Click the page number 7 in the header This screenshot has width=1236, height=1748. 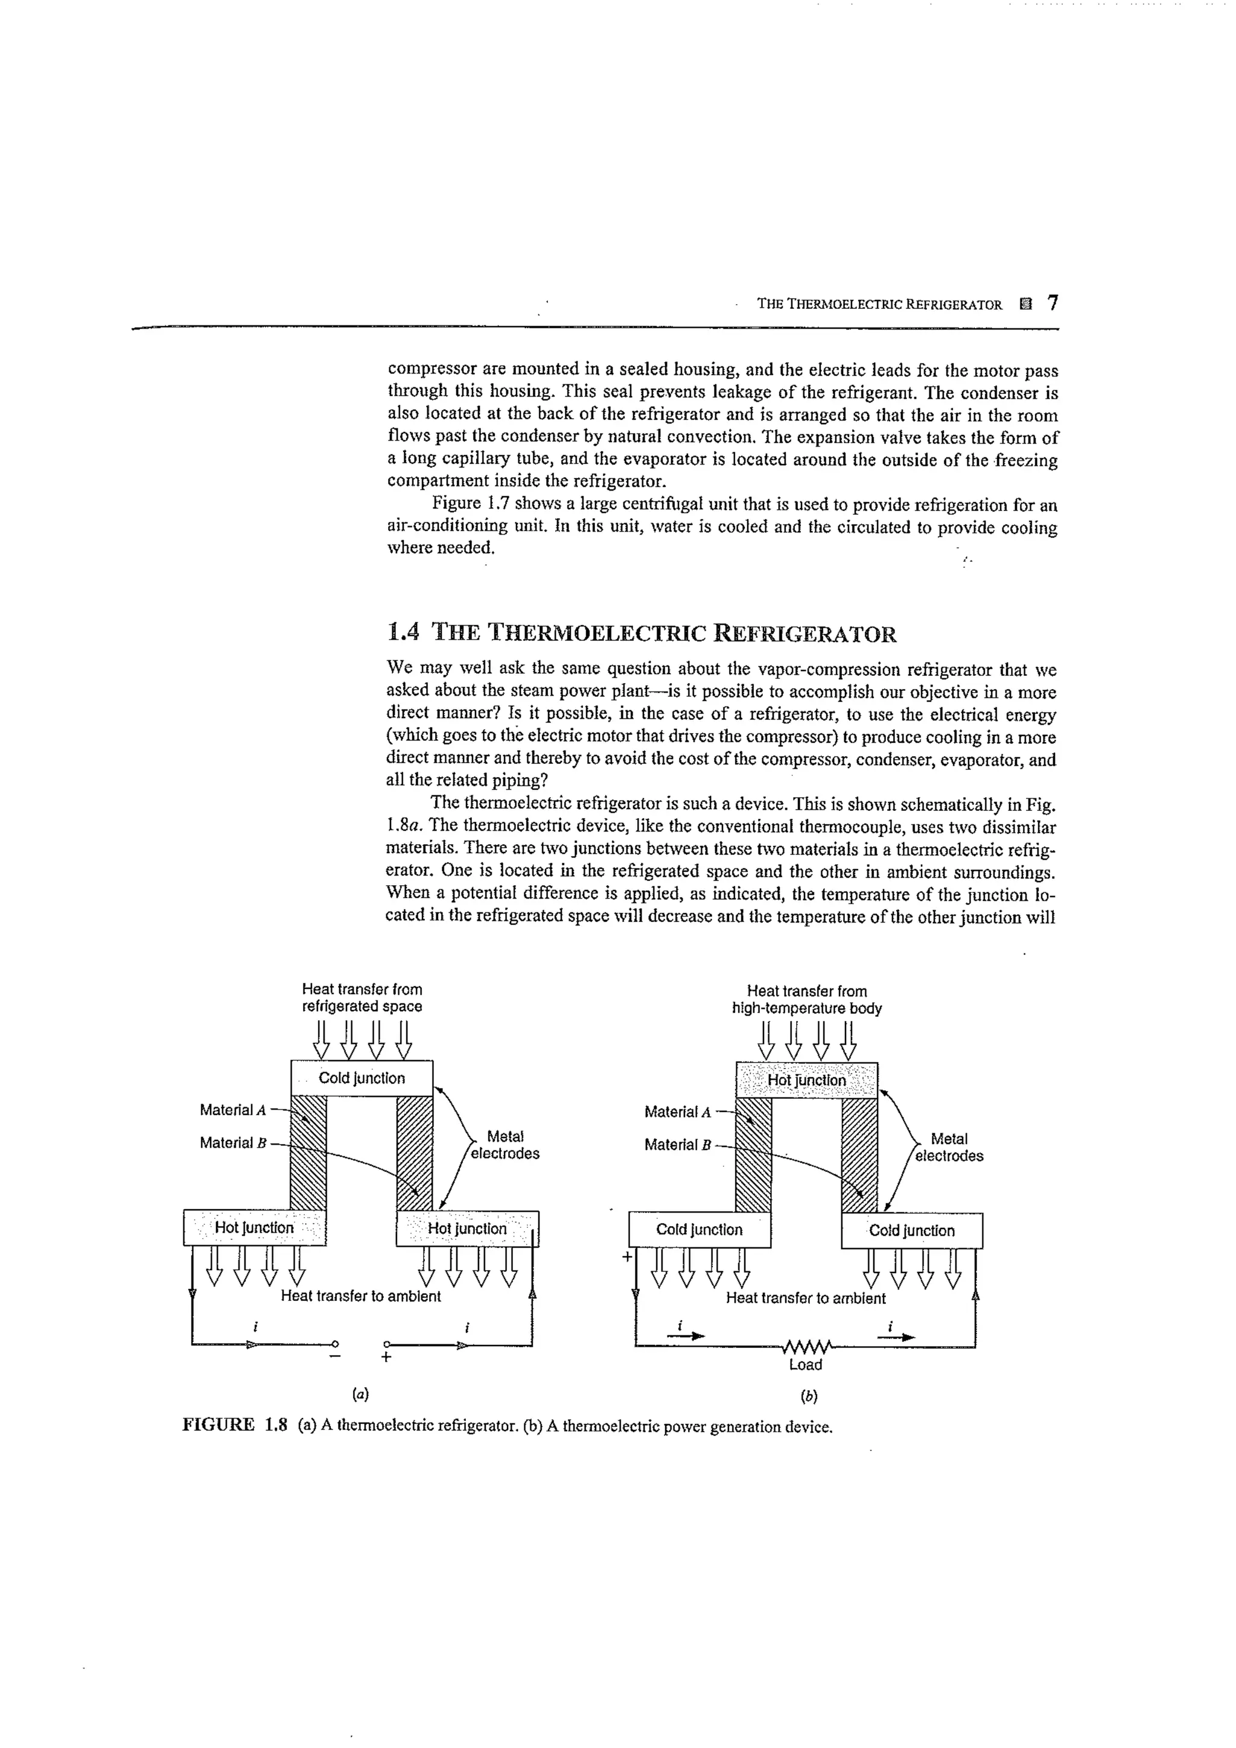pyautogui.click(x=1053, y=303)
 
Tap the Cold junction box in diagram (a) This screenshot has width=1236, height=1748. pyautogui.click(x=362, y=1078)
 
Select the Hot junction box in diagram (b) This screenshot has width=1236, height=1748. pyautogui.click(x=806, y=1080)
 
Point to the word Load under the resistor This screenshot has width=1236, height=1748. pyautogui.click(x=806, y=1365)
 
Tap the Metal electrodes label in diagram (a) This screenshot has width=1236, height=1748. pyautogui.click(x=505, y=1145)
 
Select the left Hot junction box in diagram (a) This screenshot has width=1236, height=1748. pyautogui.click(x=254, y=1228)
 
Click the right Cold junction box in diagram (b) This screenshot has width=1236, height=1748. pyautogui.click(x=911, y=1231)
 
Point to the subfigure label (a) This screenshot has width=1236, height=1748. pyautogui.click(x=360, y=1395)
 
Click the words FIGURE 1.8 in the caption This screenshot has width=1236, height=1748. pyautogui.click(x=235, y=1425)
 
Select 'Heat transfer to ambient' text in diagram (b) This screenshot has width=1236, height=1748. pyautogui.click(x=806, y=1298)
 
